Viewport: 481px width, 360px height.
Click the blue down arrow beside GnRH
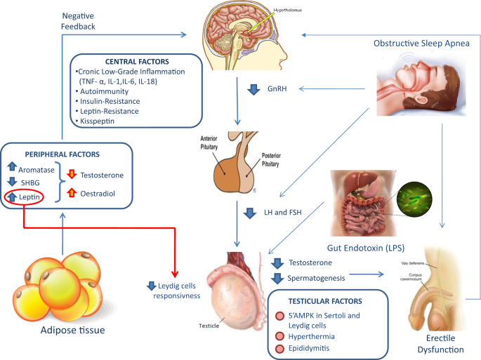pos(254,88)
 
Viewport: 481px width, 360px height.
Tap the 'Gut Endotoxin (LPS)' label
pos(369,248)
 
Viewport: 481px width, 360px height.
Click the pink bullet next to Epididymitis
pos(281,349)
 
